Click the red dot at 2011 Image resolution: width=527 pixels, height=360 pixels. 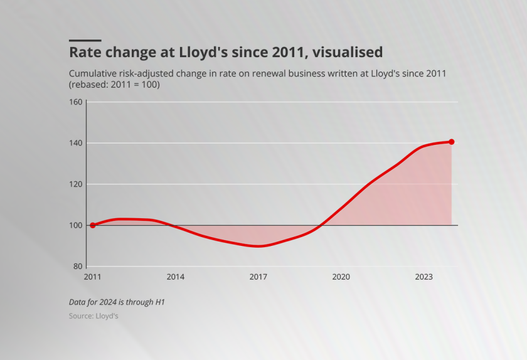coord(93,225)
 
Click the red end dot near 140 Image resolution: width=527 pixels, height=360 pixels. coord(451,142)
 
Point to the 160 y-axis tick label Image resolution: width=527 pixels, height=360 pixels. coord(75,102)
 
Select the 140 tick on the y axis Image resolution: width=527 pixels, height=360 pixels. coord(75,143)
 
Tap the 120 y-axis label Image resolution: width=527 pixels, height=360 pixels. coord(75,184)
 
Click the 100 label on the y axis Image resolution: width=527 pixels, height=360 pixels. coord(75,225)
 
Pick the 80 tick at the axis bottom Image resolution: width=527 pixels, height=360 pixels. coord(77,267)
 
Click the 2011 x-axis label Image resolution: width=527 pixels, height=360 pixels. coord(92,277)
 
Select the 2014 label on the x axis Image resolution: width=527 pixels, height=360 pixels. coord(175,277)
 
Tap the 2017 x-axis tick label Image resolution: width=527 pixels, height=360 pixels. coord(258,277)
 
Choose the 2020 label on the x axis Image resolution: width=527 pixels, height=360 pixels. coord(341,277)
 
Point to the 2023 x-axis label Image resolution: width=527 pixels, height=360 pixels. coord(423,277)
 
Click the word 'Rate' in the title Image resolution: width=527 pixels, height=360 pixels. coord(85,51)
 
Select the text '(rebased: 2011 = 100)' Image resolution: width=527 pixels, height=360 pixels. coord(114,85)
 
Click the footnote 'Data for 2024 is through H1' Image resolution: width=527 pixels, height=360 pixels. coord(117,302)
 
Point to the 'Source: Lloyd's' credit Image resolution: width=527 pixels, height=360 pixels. coord(93,316)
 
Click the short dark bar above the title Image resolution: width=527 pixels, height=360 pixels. coord(85,40)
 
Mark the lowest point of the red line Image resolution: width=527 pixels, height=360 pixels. coord(258,246)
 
